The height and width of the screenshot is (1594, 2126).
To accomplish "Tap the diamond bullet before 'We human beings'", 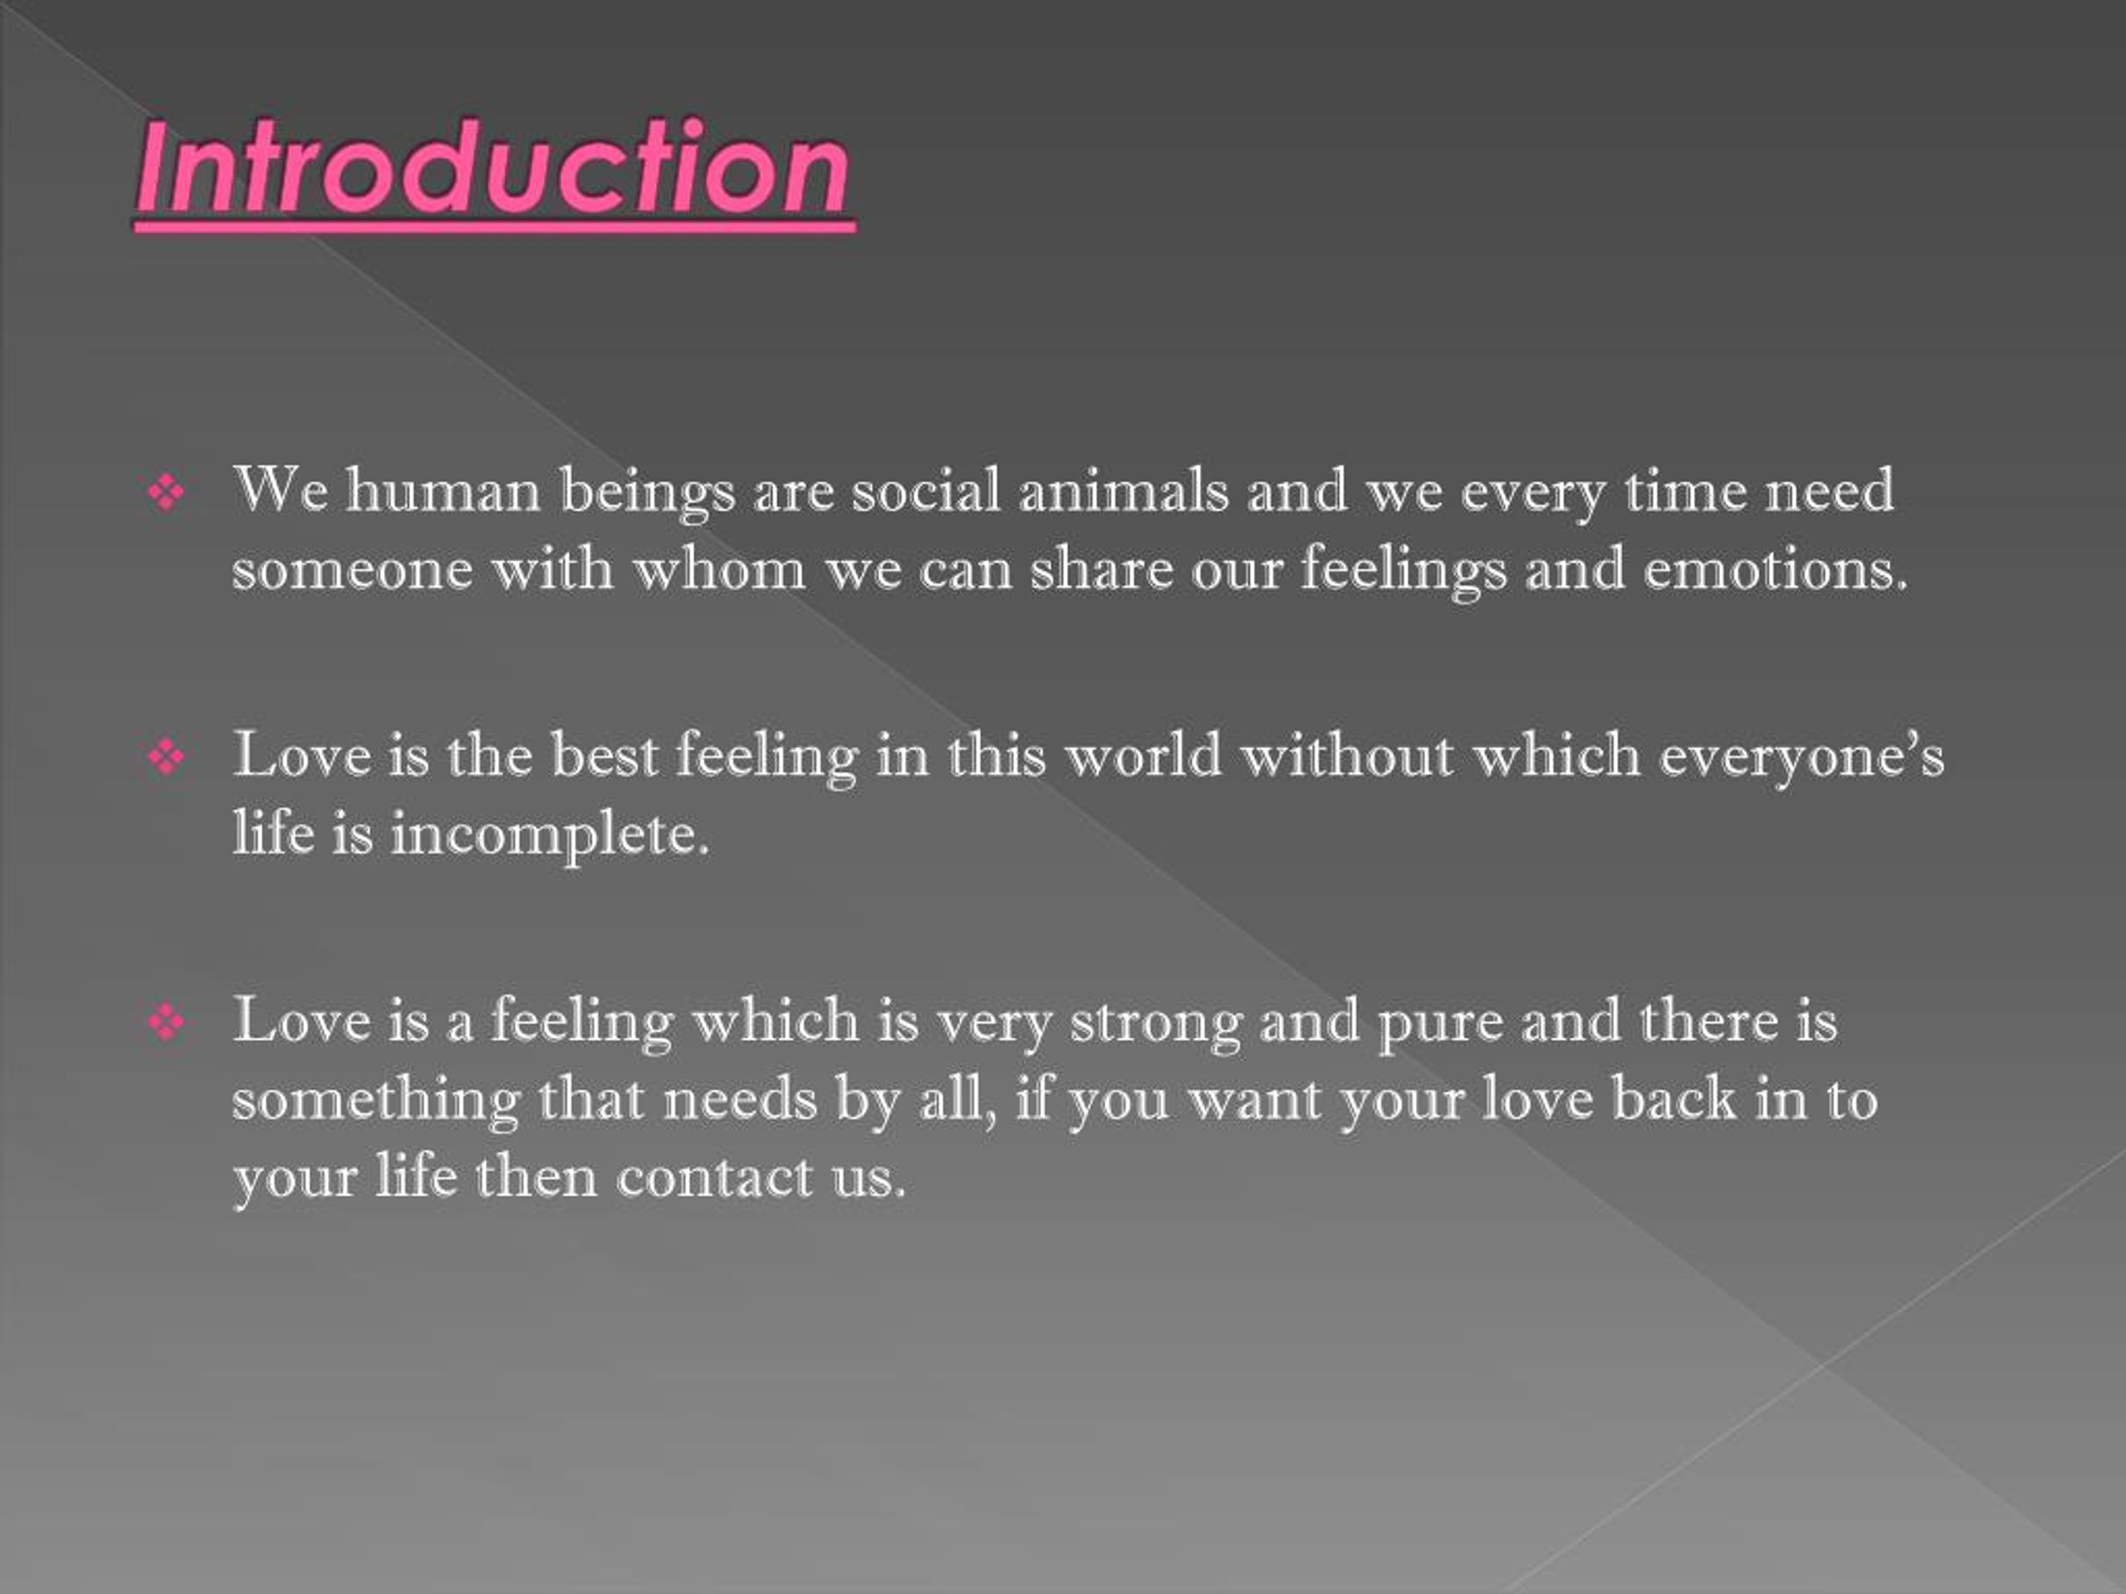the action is tap(166, 494).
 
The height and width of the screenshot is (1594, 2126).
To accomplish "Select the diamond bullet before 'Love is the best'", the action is tap(166, 758).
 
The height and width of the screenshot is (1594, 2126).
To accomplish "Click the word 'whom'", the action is tap(719, 568).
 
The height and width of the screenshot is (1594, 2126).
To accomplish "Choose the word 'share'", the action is tap(1101, 568).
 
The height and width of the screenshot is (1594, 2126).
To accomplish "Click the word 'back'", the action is tap(1673, 1098).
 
